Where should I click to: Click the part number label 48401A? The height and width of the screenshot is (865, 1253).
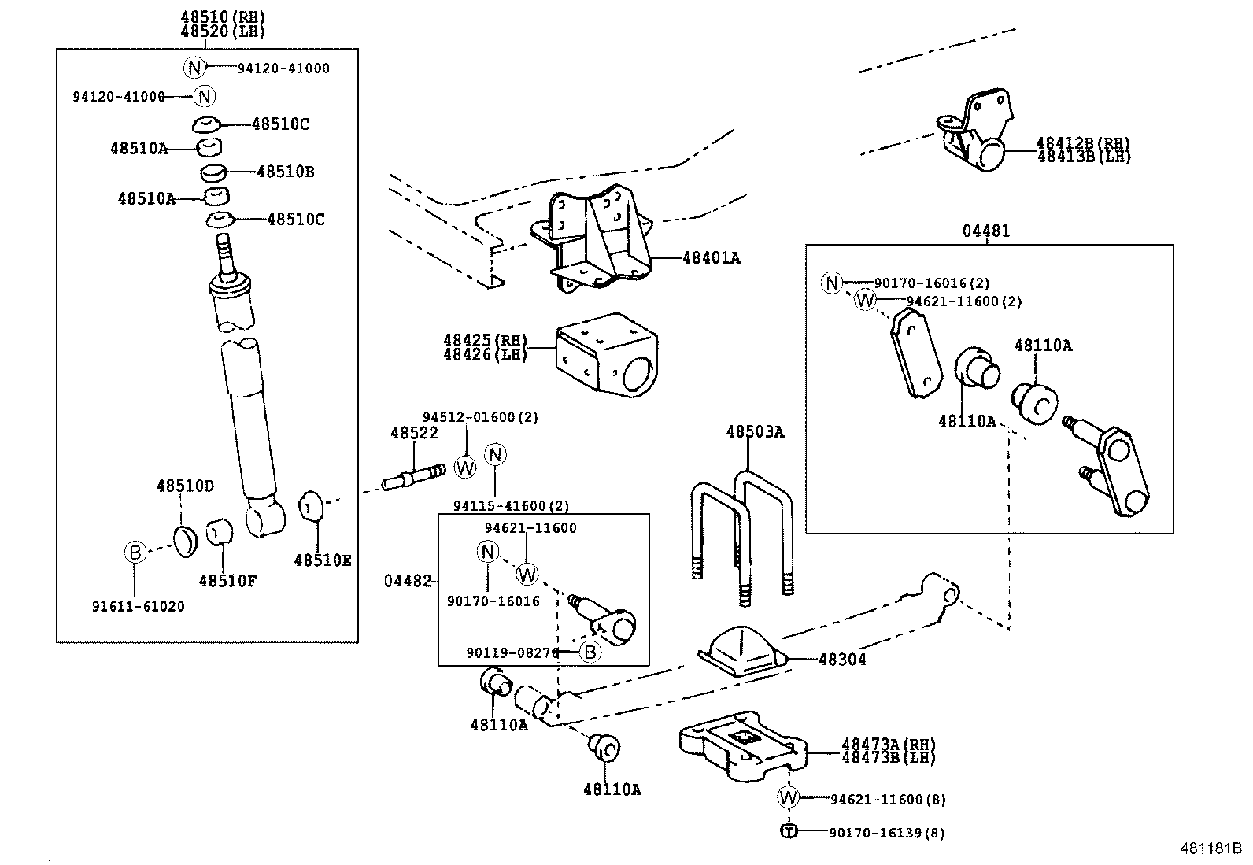pos(712,257)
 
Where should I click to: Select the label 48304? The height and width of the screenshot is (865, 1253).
pos(842,660)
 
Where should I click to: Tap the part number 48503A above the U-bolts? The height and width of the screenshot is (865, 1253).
pos(755,431)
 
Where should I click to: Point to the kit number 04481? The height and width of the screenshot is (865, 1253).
pos(985,231)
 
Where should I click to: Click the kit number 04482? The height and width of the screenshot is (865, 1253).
pos(408,581)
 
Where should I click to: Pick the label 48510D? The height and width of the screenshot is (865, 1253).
pos(185,486)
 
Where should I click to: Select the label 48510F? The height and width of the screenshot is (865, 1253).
pos(228,581)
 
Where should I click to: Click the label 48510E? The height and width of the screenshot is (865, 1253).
pos(323,560)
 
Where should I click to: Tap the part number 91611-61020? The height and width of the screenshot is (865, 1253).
pos(139,607)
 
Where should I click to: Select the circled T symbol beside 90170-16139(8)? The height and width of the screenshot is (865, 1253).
pos(789,831)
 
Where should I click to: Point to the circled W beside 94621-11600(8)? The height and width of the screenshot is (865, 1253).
pos(788,798)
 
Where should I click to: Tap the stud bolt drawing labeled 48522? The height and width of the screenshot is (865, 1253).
pos(414,477)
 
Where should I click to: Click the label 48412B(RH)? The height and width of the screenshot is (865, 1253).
pos(1083,143)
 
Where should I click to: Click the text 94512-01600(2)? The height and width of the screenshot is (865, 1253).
pos(480,417)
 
